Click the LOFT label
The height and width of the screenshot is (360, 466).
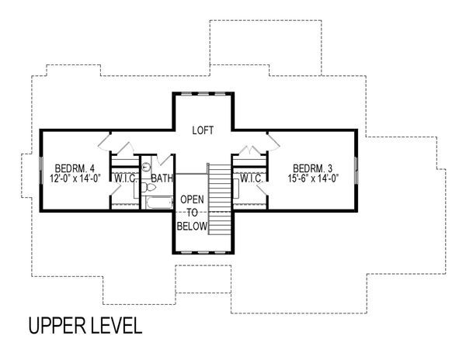click(x=203, y=130)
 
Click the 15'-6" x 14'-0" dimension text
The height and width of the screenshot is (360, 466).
click(x=314, y=179)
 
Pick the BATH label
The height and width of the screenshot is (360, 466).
click(x=162, y=179)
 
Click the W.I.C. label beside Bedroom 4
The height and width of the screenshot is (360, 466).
click(x=124, y=179)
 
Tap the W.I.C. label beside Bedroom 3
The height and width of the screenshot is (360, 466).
click(x=251, y=179)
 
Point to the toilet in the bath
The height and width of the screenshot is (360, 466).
click(x=146, y=166)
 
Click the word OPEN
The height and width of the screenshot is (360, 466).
click(x=193, y=199)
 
